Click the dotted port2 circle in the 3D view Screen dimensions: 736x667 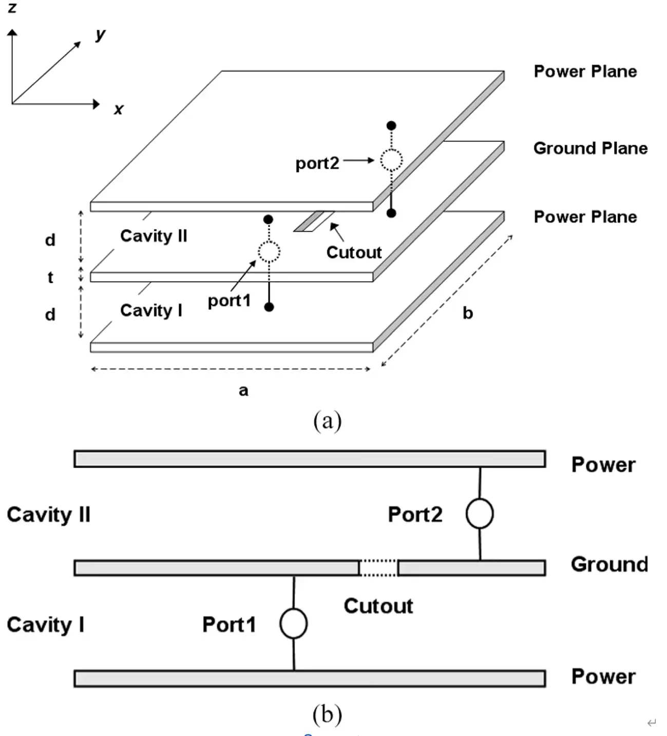point(391,160)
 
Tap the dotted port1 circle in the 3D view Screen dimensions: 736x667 point(269,252)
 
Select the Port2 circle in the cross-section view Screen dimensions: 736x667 point(480,514)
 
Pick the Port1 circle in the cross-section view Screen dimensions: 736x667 point(293,624)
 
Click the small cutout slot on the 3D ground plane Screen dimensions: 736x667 point(313,221)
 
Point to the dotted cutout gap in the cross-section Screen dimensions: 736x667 point(378,568)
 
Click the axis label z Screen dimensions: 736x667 point(12,7)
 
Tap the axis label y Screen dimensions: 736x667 point(100,34)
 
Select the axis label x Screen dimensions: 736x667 point(119,109)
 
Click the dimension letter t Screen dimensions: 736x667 point(50,277)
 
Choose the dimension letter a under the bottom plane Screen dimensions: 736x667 point(243,391)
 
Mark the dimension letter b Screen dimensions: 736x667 point(467,313)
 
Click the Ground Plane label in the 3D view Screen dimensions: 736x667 point(590,148)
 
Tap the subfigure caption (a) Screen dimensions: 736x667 point(327,421)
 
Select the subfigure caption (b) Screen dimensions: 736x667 point(327,714)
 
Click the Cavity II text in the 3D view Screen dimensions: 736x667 point(154,236)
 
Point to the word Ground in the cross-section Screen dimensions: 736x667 point(609,564)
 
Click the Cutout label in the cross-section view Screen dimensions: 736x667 point(378,606)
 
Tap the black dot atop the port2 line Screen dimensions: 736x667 point(391,126)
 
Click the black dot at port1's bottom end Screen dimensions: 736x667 point(269,307)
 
